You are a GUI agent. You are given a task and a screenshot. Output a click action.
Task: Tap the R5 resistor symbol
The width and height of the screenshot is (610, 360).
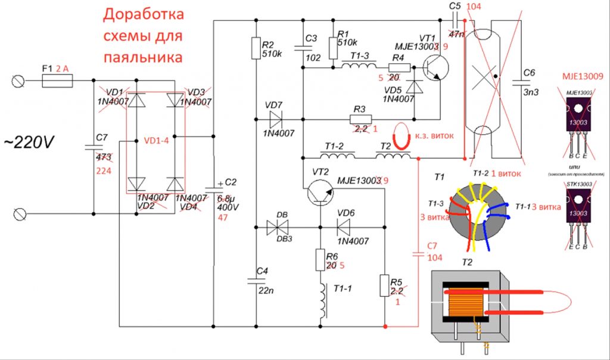click(x=385, y=286)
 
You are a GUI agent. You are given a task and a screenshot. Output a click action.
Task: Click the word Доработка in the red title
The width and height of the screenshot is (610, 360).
click(x=144, y=14)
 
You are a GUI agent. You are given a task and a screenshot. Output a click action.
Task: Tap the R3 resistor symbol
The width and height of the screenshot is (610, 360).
click(x=359, y=119)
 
